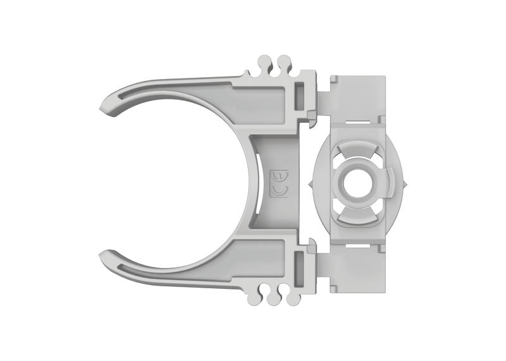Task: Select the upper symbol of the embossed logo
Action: pos(278,175)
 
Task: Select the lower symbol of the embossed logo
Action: pos(278,190)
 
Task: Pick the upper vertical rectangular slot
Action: pos(299,94)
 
